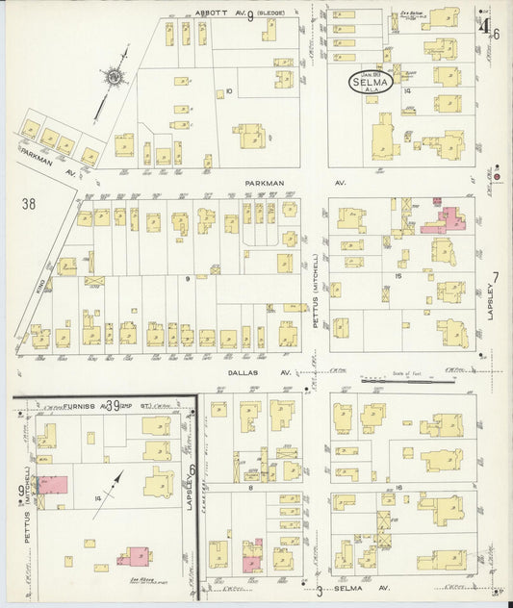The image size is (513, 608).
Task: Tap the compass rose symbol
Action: (114, 76)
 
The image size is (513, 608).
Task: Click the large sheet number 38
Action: (29, 203)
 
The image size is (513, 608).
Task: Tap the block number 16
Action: (398, 489)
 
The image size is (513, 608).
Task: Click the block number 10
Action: (228, 91)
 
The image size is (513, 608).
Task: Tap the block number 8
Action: (251, 488)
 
